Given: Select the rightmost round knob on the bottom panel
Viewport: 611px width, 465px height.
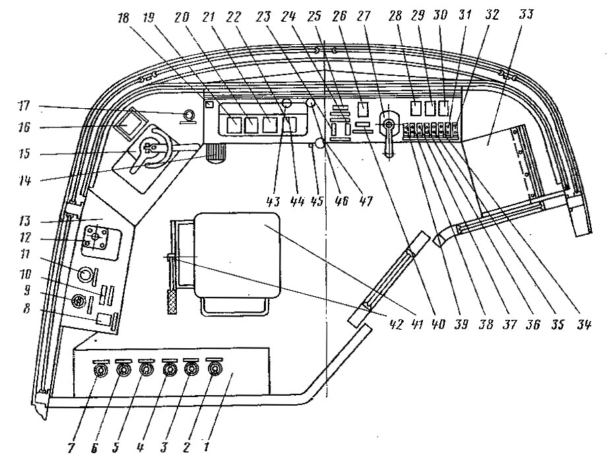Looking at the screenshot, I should click(x=214, y=371).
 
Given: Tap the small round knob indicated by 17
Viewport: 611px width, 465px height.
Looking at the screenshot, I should click(x=189, y=115).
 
